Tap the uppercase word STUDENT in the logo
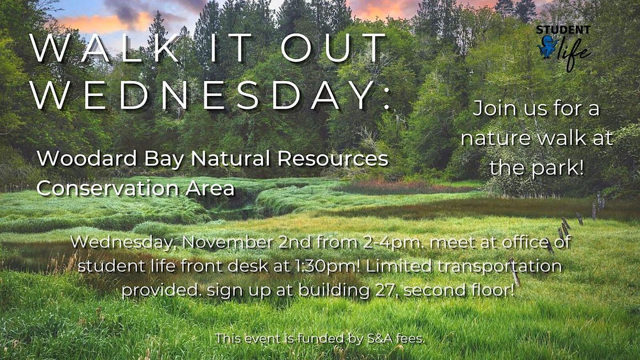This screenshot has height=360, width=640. click(564, 30)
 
